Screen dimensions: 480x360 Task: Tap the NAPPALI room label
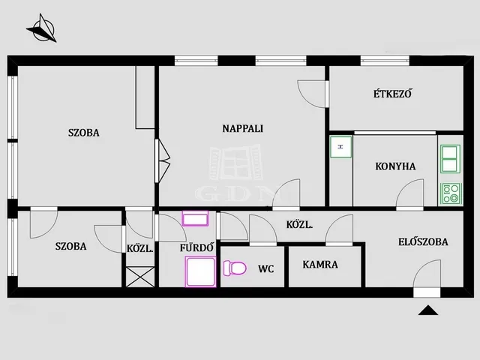tap(243, 128)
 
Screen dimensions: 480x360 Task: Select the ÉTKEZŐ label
tap(392, 93)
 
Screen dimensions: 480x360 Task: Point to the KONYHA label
tap(395, 166)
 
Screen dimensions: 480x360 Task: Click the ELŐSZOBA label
tap(423, 241)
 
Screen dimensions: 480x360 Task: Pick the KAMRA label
tap(320, 265)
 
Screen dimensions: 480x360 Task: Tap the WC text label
tap(266, 268)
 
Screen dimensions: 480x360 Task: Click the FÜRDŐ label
tap(196, 247)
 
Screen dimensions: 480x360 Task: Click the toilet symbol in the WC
tap(235, 268)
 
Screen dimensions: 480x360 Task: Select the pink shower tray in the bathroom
tap(200, 271)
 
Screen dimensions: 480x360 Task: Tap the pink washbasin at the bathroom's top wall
tap(195, 218)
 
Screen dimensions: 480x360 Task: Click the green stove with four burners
tap(450, 193)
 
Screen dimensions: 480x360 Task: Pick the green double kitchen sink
tap(450, 159)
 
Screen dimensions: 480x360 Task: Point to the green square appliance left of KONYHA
tap(340, 147)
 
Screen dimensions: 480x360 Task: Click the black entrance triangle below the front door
tap(428, 310)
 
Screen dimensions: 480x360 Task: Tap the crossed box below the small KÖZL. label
tap(140, 277)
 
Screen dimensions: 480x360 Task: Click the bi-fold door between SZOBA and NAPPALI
tap(162, 160)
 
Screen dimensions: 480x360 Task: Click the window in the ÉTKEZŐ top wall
tap(385, 61)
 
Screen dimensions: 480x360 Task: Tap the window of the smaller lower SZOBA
tap(12, 247)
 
